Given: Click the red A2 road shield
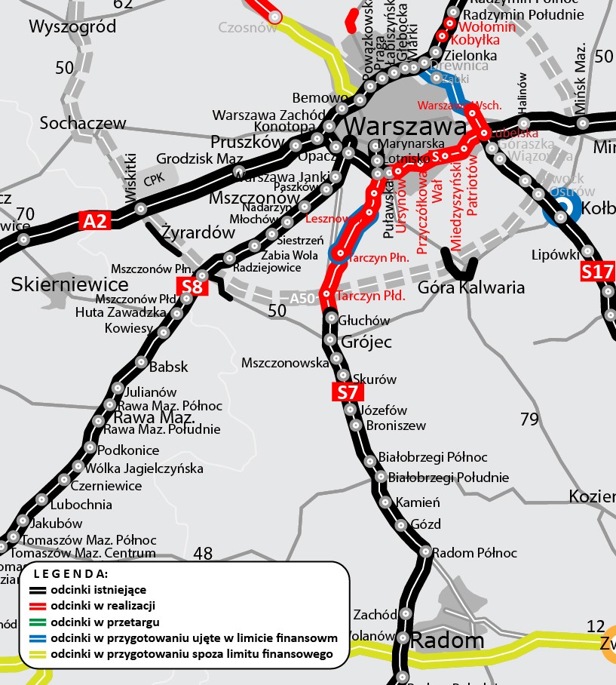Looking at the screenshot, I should (96, 220).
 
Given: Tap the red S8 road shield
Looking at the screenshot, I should (192, 287).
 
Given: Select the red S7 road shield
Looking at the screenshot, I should (348, 392).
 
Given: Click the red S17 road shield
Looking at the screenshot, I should (596, 272).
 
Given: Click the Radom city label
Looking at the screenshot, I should (448, 641).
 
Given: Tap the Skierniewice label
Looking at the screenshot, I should (69, 284).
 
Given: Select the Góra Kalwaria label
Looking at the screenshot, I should (470, 287).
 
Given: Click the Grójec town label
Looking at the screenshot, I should (367, 342).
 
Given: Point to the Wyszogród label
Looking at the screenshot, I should (72, 27).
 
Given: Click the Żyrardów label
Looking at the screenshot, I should (198, 233).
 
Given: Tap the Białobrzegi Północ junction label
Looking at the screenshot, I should (433, 458).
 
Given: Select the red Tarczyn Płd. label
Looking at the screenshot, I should (370, 296).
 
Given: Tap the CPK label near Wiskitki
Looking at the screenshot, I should (153, 180).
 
